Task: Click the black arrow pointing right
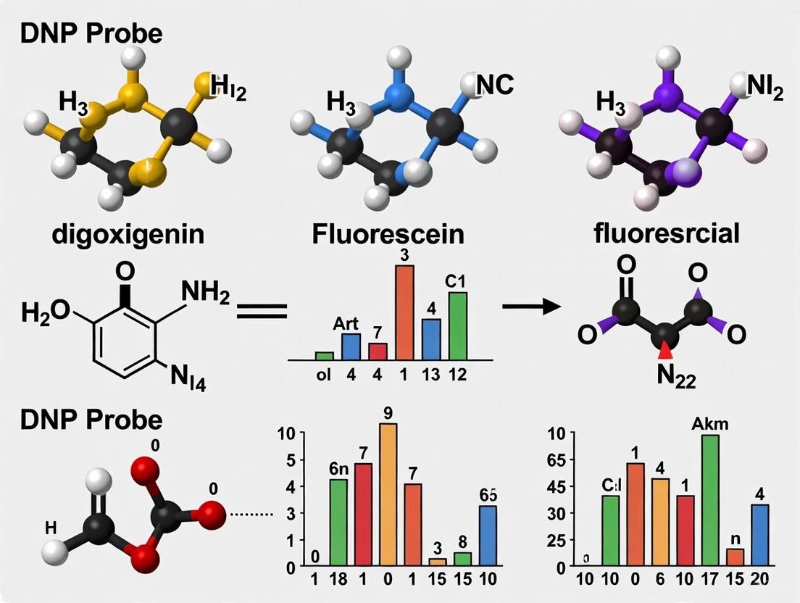531,307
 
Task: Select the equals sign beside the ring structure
262,312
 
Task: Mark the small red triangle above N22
664,352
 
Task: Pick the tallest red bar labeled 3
404,312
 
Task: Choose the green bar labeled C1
458,325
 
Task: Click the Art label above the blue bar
351,325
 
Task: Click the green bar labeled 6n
338,522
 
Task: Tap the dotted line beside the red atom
249,515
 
